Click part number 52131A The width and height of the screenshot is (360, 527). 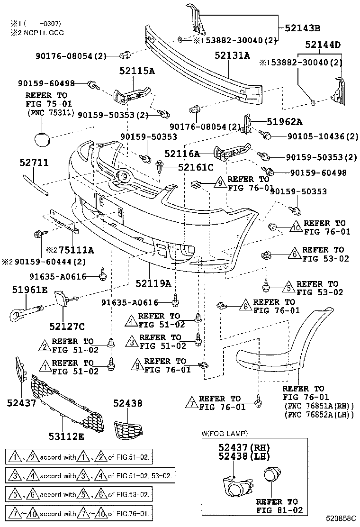tap(232, 55)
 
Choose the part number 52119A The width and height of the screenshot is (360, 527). tap(153, 283)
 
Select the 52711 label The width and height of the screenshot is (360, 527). tap(34, 163)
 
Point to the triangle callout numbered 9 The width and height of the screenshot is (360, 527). tap(220, 182)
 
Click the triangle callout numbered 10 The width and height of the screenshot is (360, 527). tap(295, 226)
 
